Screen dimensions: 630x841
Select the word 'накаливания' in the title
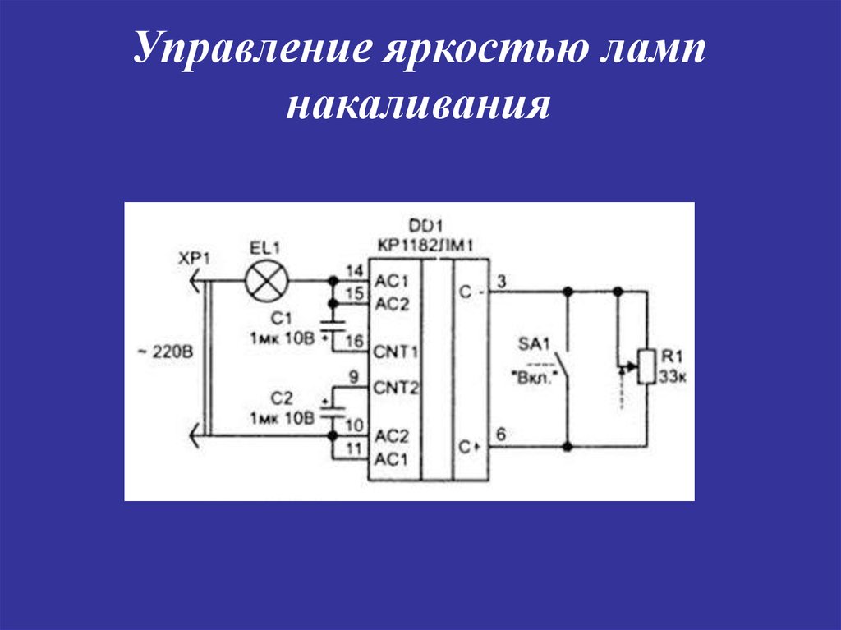[x=418, y=108]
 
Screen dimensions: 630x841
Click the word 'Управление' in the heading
[x=251, y=51]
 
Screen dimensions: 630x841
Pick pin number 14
[x=354, y=271]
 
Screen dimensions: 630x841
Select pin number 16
[x=354, y=340]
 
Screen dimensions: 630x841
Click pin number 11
[x=354, y=448]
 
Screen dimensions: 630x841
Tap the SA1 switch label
[x=535, y=343]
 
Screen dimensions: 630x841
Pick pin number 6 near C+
[x=501, y=433]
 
